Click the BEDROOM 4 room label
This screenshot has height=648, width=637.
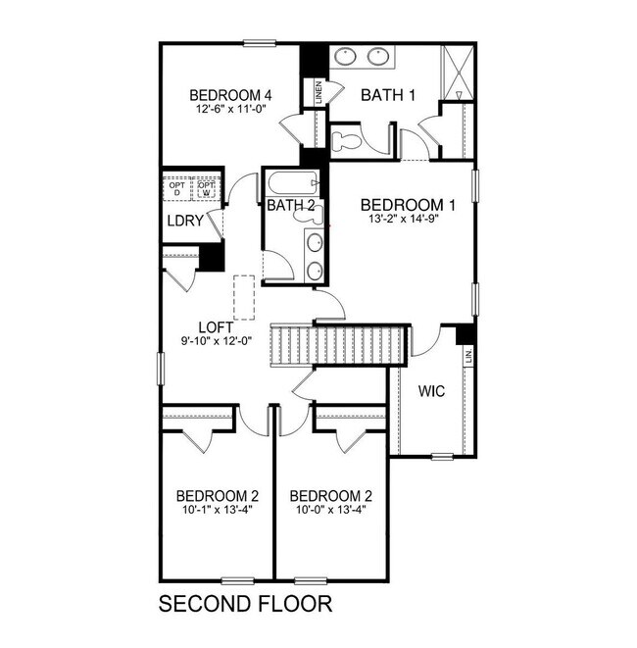point(229,95)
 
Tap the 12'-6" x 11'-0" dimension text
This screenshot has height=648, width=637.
point(229,111)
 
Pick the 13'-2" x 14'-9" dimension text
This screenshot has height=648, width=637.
point(409,222)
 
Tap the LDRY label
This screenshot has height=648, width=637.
point(184,221)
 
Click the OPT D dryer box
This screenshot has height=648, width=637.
point(177,188)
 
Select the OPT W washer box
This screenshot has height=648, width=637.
point(206,188)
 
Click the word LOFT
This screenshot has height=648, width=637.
point(216,327)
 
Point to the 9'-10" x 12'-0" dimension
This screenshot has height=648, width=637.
point(216,341)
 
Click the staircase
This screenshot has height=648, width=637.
point(335,345)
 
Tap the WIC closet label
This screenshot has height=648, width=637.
point(431,391)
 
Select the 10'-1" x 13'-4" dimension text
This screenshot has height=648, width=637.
point(217,509)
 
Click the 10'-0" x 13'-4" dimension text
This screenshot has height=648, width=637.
point(330,509)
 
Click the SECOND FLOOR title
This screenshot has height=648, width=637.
point(245,602)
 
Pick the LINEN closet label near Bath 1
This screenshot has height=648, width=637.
point(318,92)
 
